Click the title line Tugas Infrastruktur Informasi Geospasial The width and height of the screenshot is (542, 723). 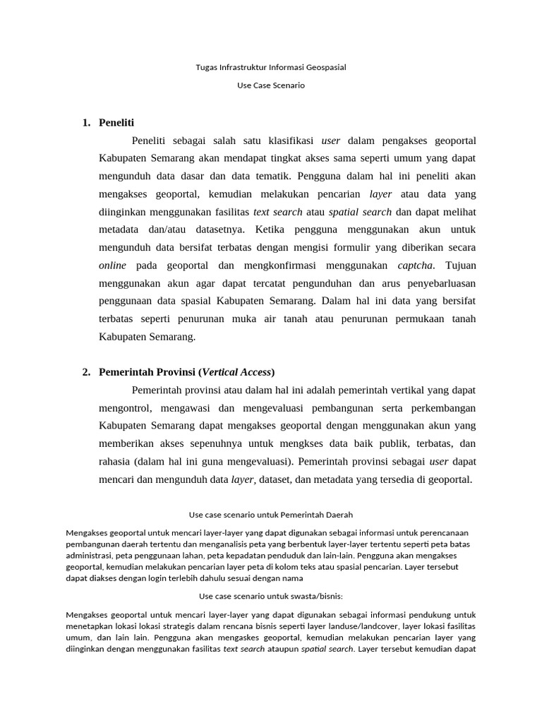(271, 68)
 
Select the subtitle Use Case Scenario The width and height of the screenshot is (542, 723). (271, 85)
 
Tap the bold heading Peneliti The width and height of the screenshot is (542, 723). (116, 123)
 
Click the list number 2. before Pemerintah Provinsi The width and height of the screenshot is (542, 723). (86, 372)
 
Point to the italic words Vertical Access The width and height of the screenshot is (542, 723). (238, 372)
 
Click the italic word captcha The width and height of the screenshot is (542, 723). (416, 265)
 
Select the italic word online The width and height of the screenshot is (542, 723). (113, 265)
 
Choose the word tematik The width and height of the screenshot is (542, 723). (270, 176)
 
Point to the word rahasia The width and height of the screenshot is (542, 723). (116, 462)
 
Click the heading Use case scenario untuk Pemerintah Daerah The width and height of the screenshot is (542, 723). (271, 515)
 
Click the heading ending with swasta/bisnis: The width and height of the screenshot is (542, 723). (271, 595)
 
